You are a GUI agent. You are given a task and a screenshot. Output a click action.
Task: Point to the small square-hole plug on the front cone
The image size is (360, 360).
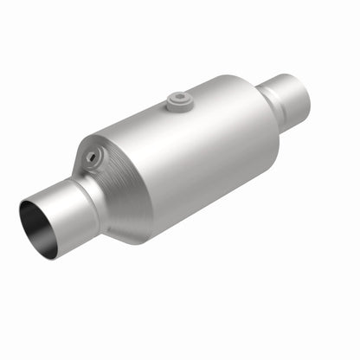click(90, 157)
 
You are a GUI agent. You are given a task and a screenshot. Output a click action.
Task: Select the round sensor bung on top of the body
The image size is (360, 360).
click(180, 101)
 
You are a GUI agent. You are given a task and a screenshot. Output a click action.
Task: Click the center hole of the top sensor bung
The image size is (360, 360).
click(180, 98)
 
